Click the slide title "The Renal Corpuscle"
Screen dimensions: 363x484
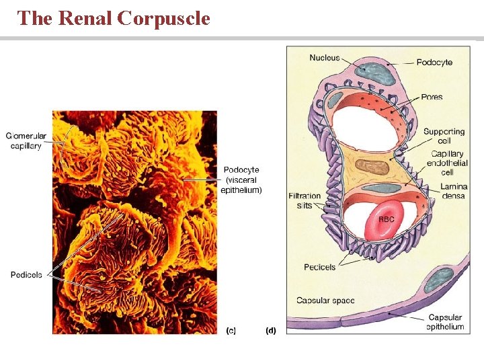point(114,18)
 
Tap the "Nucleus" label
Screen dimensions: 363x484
point(325,58)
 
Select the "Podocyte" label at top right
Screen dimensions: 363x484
point(434,63)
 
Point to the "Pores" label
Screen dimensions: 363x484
point(432,97)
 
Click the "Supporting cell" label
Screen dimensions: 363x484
point(444,136)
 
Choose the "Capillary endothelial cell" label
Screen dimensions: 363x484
point(447,163)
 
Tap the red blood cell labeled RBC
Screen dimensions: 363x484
point(385,220)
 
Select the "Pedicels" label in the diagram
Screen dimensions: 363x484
point(319,267)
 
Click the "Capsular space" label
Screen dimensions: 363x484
point(325,300)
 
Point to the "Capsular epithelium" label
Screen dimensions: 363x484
point(445,322)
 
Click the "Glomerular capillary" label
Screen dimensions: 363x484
point(26,140)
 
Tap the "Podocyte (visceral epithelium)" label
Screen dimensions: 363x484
point(241,180)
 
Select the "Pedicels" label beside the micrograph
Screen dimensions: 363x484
point(26,275)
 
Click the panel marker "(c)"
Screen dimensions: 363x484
point(231,330)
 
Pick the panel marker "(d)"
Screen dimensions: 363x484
point(271,330)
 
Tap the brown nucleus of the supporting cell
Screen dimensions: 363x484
point(372,167)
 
